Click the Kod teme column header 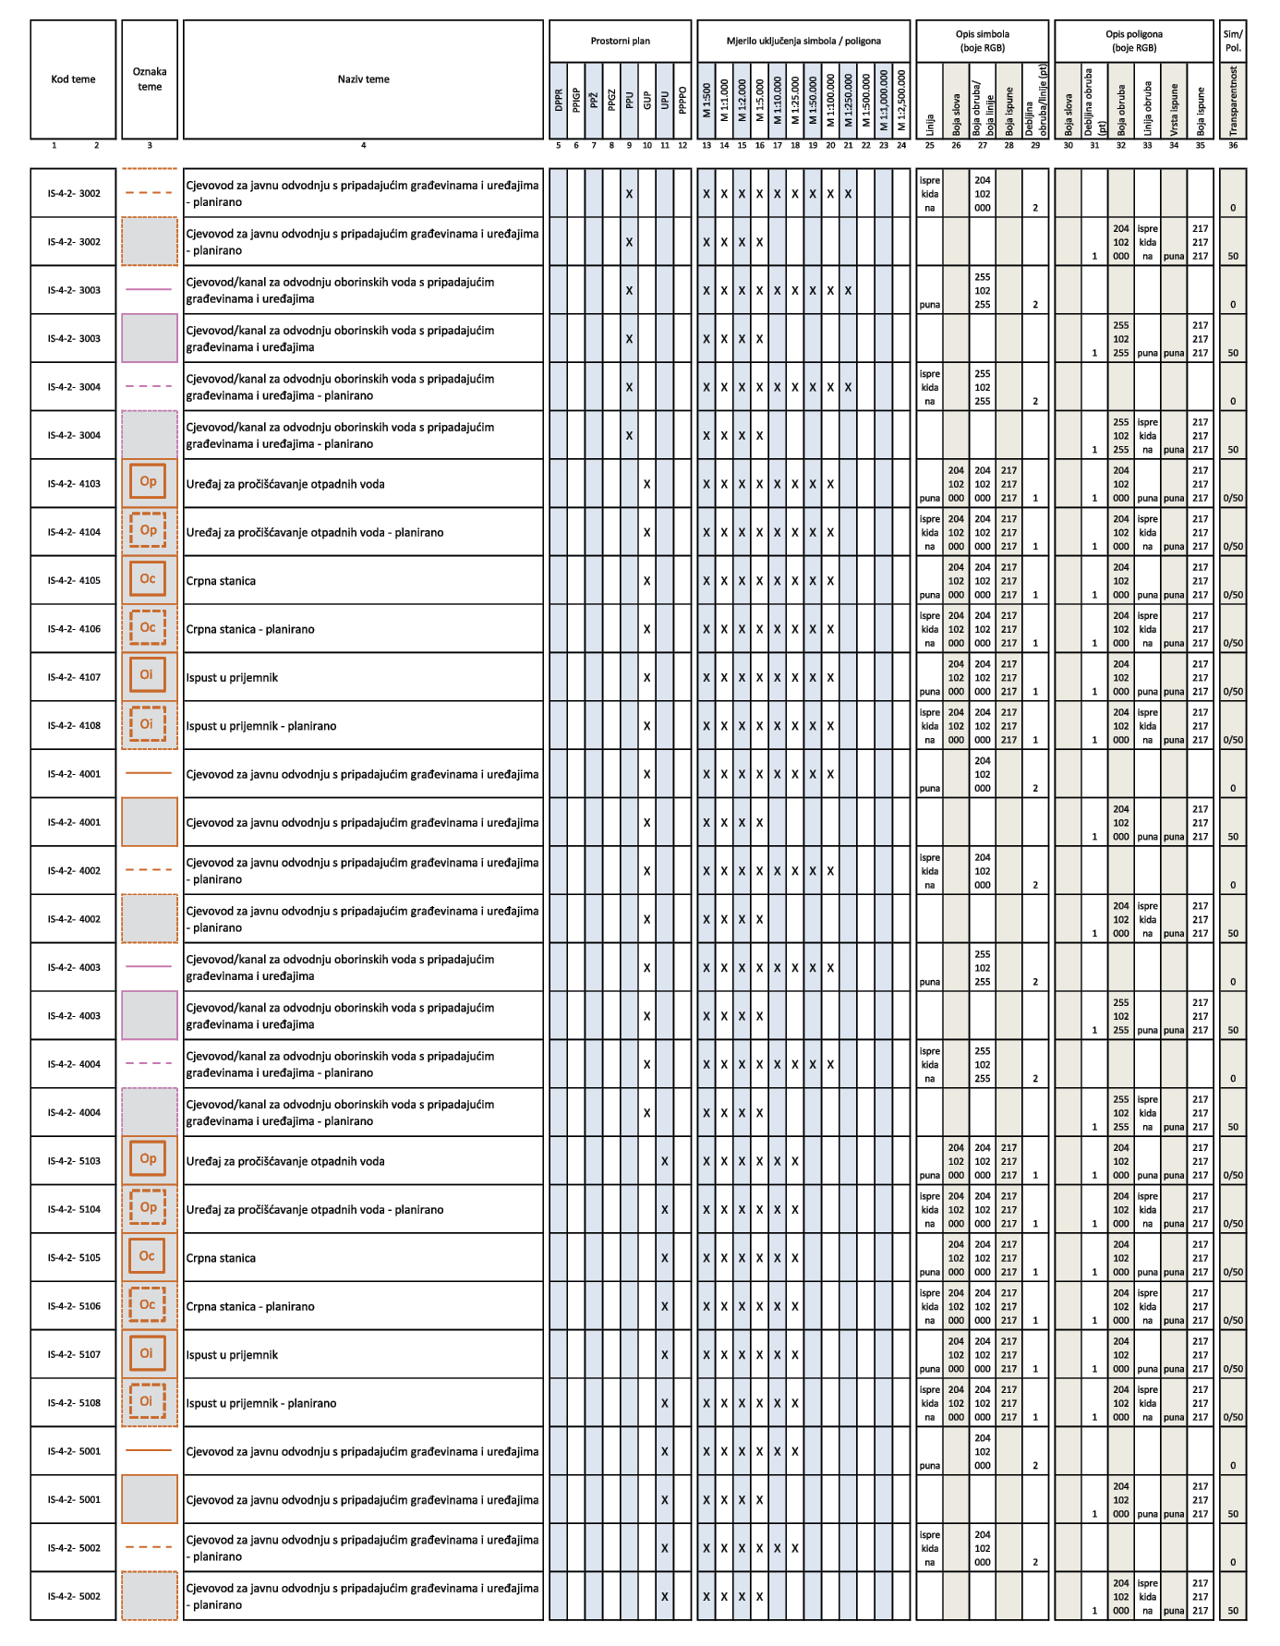click(x=73, y=79)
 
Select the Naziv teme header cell click(x=363, y=79)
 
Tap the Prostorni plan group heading click(x=620, y=41)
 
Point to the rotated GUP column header click(x=646, y=100)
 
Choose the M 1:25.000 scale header click(x=795, y=100)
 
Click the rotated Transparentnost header click(x=1233, y=100)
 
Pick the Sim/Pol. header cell click(x=1233, y=41)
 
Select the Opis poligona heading click(x=1133, y=41)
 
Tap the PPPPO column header click(x=682, y=100)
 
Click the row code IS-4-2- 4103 click(x=74, y=484)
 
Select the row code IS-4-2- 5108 click(x=74, y=1403)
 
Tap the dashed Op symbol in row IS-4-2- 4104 click(x=148, y=531)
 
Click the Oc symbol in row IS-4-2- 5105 click(x=148, y=1256)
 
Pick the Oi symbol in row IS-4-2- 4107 click(x=148, y=675)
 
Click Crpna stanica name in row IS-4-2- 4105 click(x=221, y=581)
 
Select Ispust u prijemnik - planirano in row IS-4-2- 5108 click(x=260, y=1403)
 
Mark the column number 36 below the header click(x=1233, y=145)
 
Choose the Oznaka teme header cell click(x=150, y=79)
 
